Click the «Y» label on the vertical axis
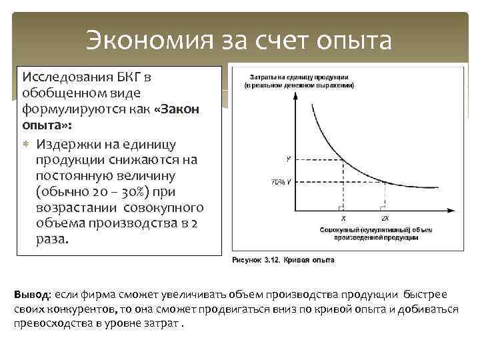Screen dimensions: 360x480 [x=288, y=159]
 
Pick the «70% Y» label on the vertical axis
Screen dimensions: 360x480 [x=281, y=182]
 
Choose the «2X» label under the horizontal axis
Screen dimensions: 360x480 [x=385, y=218]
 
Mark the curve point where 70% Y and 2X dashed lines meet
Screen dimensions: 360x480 [x=385, y=183]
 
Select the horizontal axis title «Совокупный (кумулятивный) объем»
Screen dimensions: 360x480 [x=374, y=229]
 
